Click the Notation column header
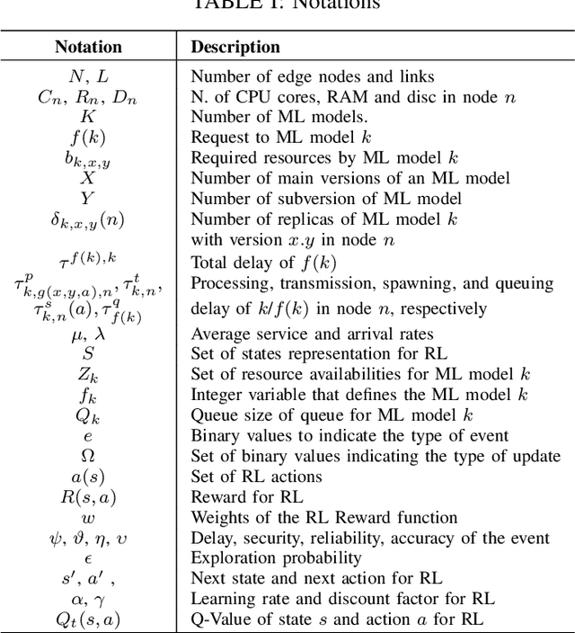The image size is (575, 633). click(x=87, y=47)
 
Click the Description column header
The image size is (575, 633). click(x=235, y=47)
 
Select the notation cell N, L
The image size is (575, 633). click(x=87, y=76)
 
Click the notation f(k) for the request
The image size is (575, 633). click(x=87, y=138)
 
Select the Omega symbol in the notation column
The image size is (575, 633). click(x=87, y=456)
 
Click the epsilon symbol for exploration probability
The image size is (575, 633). click(x=87, y=557)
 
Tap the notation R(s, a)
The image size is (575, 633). click(x=87, y=496)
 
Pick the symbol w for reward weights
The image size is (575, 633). click(x=87, y=517)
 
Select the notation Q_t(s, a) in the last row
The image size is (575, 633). click(x=87, y=618)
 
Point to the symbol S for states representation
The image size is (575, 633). click(x=87, y=354)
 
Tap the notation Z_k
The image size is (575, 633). click(x=87, y=375)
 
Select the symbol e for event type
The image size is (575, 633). click(x=87, y=435)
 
